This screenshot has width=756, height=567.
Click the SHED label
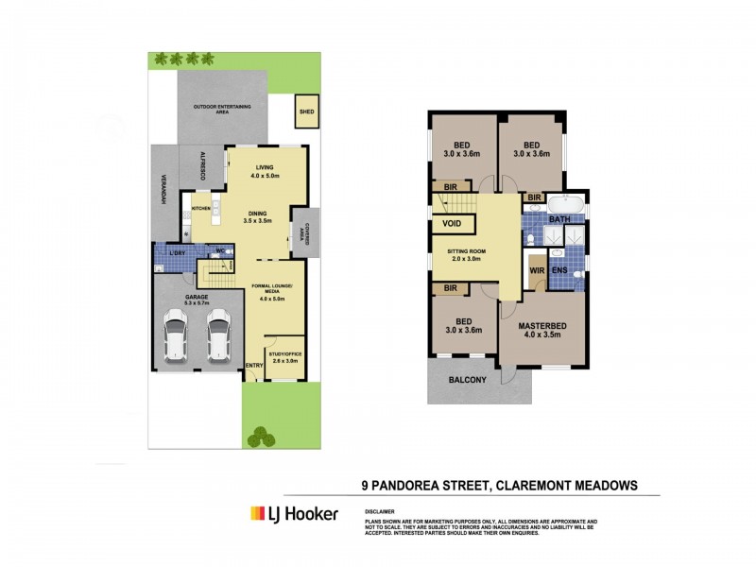[306, 112]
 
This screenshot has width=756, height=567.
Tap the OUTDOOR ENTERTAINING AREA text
[222, 108]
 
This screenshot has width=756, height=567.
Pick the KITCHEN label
[200, 208]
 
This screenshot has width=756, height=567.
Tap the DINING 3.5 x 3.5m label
[258, 216]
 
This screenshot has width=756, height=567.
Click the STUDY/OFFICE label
[283, 357]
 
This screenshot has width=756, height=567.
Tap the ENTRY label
[252, 366]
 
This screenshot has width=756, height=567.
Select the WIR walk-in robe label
[536, 270]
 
